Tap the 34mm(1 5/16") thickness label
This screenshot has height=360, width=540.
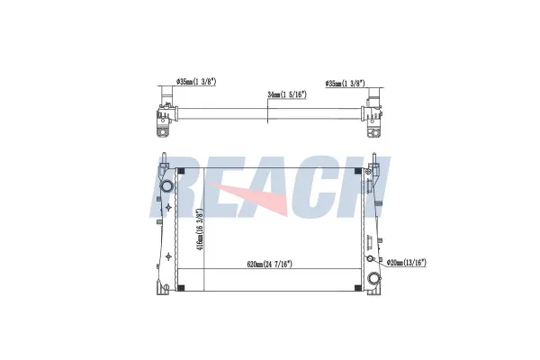[x=287, y=94]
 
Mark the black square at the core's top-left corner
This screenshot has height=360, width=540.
[x=182, y=170]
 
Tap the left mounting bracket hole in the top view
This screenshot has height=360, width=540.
[x=164, y=132]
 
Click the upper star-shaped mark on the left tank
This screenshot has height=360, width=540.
[x=168, y=206]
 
